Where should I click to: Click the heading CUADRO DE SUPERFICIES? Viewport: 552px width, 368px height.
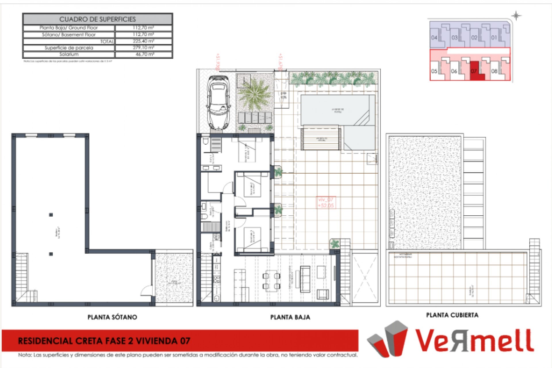97,19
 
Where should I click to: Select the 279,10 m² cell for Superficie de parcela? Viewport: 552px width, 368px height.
143,47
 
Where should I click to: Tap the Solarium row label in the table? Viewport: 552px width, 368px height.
69,54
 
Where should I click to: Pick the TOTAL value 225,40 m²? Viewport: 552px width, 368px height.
143,41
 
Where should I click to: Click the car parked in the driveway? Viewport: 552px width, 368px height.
218,103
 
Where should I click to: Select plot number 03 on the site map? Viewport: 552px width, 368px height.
455,38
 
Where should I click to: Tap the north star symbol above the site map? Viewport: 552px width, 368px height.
516,16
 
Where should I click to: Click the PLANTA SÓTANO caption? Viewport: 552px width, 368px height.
112,317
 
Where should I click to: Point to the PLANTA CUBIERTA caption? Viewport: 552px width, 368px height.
452,315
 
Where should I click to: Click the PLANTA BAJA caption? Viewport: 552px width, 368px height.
290,317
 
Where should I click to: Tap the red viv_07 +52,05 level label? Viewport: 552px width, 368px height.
326,202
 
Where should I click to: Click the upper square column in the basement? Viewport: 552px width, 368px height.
51,215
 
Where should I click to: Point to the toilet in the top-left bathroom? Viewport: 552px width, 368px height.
206,141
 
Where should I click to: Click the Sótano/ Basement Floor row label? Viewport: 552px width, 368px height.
69,35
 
